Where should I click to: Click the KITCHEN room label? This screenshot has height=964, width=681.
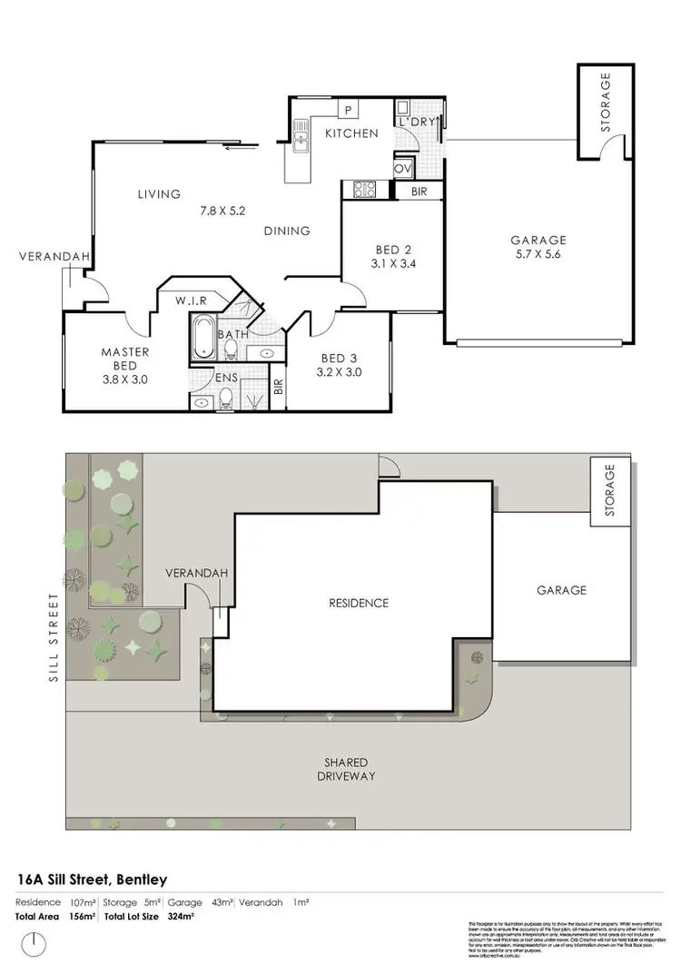tap(351, 133)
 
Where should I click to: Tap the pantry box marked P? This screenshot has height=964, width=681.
tap(347, 110)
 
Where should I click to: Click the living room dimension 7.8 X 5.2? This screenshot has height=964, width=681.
tap(222, 211)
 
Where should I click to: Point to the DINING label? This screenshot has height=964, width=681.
tap(287, 231)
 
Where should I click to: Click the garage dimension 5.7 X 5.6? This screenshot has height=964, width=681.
tap(538, 257)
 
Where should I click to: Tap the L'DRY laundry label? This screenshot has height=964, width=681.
tap(418, 121)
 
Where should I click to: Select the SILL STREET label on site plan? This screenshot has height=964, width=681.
tap(54, 637)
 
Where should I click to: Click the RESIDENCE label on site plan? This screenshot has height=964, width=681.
tap(358, 603)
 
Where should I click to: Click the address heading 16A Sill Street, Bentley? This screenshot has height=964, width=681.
tap(93, 879)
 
